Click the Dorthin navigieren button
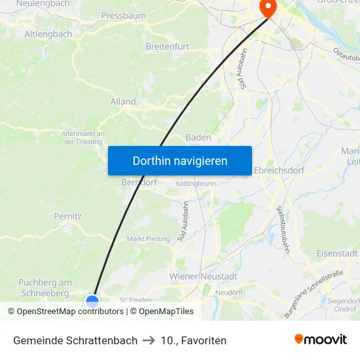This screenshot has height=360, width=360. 179,160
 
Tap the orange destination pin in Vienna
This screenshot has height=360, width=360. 268,7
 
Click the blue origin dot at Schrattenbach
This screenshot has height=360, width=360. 92,301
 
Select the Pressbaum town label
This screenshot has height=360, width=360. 123,15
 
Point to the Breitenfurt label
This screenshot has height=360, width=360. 167,46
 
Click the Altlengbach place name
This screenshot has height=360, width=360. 48,33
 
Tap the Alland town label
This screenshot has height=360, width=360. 123,101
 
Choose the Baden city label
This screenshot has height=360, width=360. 198,137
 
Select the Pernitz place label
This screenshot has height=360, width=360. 67,215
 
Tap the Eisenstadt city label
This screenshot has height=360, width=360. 336,253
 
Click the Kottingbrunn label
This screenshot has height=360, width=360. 196,184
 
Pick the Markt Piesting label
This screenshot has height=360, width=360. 148,239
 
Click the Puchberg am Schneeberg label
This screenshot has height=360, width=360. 45,288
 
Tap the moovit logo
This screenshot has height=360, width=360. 321,340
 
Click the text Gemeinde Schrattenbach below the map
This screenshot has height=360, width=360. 75,340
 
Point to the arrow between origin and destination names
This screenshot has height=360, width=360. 149,340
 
